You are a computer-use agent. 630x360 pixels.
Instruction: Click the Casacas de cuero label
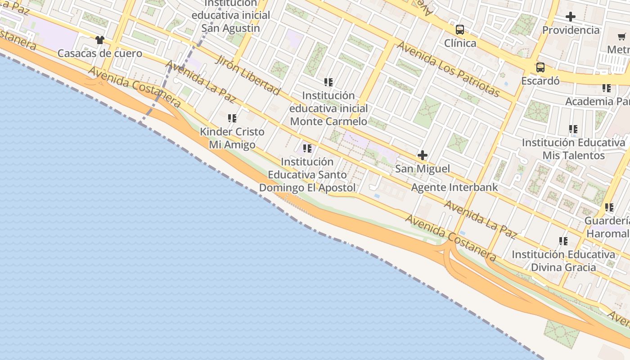tap(99, 54)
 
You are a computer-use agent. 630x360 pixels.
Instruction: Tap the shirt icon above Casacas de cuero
tap(99, 40)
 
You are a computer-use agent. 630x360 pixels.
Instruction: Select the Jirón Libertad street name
tap(247, 75)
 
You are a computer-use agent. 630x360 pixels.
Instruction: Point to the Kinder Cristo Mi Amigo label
tap(232, 138)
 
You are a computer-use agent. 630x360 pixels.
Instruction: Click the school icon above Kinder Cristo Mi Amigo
tap(232, 118)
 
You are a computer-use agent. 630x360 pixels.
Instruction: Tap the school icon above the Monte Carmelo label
tap(328, 82)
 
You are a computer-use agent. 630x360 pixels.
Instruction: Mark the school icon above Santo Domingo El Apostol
tap(307, 148)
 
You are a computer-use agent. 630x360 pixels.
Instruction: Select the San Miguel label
tap(422, 169)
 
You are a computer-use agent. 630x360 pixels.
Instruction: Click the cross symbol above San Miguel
tap(422, 156)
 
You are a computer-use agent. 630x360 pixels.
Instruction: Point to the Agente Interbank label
tap(454, 187)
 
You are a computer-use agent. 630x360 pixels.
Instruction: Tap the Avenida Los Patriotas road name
tap(448, 69)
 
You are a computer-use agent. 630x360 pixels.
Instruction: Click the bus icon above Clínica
tap(459, 30)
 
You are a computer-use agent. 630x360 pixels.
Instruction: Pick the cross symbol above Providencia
tap(571, 17)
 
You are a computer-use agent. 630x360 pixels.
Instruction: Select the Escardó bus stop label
tap(540, 81)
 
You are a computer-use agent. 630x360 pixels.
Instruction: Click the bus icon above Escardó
tap(540, 67)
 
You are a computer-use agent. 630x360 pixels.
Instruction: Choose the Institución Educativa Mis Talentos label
tap(573, 149)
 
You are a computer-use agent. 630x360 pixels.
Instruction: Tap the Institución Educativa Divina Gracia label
tap(563, 261)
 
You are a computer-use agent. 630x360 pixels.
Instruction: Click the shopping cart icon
tap(621, 36)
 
